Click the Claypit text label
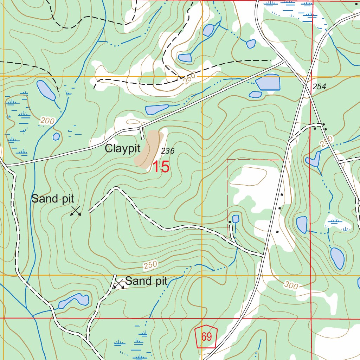123,148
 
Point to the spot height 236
168,151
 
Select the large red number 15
161,167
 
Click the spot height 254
319,86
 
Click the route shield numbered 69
207,337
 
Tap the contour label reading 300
291,285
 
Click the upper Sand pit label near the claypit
53,199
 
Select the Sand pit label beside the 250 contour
146,281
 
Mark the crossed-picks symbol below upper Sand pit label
76,211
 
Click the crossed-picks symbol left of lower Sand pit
119,284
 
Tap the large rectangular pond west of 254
268,83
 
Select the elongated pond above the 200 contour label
46,90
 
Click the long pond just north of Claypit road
157,109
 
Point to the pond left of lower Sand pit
74,300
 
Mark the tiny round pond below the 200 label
56,136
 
